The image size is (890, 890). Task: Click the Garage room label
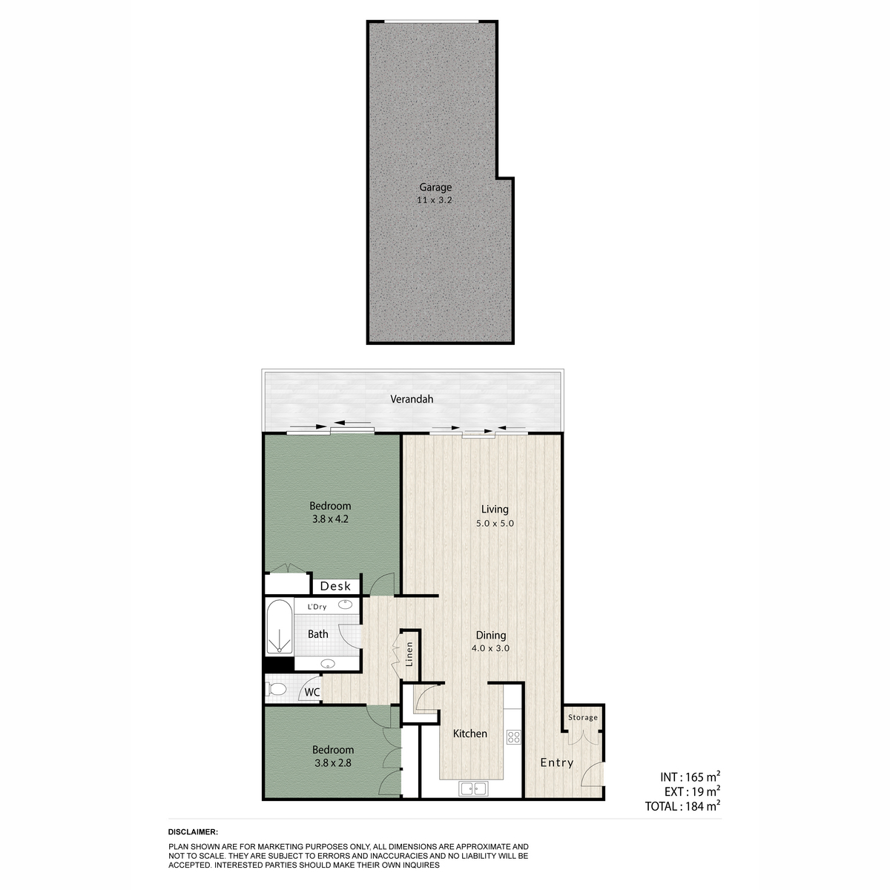click(x=435, y=188)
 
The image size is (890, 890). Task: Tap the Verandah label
click(x=412, y=399)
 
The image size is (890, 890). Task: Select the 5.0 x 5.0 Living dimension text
click(x=495, y=524)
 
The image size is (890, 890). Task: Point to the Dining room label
click(x=491, y=636)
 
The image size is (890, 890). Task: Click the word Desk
click(x=335, y=586)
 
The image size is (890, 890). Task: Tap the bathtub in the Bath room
click(x=279, y=627)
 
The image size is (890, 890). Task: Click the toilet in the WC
click(x=276, y=690)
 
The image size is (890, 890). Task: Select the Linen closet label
click(x=409, y=654)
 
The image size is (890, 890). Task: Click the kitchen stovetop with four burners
click(x=513, y=736)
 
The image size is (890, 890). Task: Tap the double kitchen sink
click(x=473, y=788)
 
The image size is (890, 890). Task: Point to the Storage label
click(x=582, y=717)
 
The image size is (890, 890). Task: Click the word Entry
click(x=556, y=762)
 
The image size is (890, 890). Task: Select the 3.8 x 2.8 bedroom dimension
click(x=332, y=763)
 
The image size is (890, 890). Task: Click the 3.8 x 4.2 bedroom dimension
click(x=330, y=519)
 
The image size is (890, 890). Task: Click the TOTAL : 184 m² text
click(x=682, y=806)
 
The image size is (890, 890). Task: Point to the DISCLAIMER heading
click(x=193, y=832)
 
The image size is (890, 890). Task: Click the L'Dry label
click(x=317, y=607)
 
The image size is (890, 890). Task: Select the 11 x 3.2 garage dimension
click(x=434, y=200)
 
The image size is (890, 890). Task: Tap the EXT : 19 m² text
click(x=692, y=791)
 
